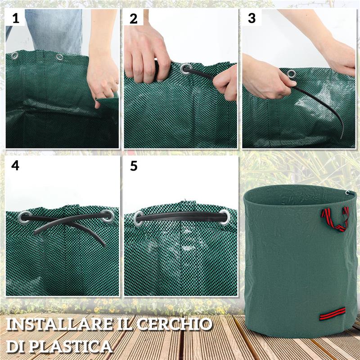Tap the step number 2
[134, 18]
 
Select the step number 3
[252, 18]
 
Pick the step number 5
[134, 166]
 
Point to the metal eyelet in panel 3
[292, 74]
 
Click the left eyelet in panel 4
[25, 217]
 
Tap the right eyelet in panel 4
[108, 216]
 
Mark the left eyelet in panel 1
[15, 56]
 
